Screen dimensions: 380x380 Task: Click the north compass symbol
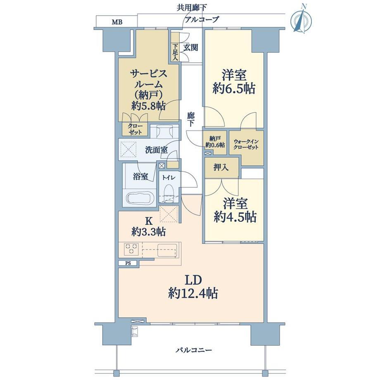click(x=301, y=20)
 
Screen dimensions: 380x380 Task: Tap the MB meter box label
click(x=117, y=22)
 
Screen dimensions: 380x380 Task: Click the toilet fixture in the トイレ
click(x=168, y=192)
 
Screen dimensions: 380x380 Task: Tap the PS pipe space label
click(x=128, y=263)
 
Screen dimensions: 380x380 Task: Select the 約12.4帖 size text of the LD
click(x=193, y=294)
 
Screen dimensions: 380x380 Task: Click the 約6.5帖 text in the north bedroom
click(x=234, y=89)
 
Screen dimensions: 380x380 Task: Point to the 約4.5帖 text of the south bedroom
click(x=235, y=216)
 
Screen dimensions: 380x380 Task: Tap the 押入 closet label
click(x=221, y=167)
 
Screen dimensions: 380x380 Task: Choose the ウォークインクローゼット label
click(x=246, y=144)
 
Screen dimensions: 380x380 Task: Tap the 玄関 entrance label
click(x=190, y=47)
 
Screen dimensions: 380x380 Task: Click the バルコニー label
click(x=194, y=350)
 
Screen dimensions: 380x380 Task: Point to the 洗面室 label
click(x=156, y=150)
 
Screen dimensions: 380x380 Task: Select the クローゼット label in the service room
click(x=135, y=129)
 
